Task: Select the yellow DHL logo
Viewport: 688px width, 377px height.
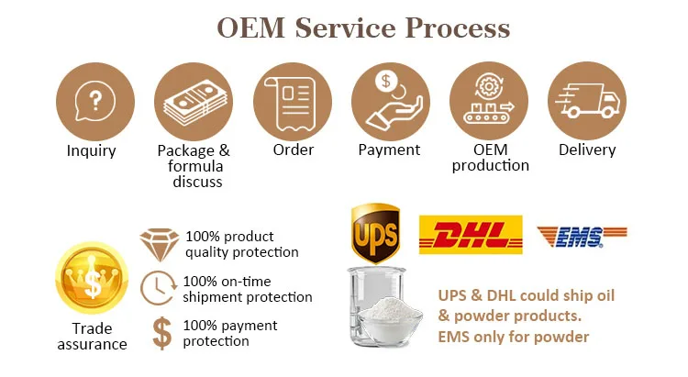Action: (x=470, y=235)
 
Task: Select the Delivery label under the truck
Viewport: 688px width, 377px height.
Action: (x=587, y=150)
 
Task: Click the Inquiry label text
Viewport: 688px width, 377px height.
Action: (x=92, y=150)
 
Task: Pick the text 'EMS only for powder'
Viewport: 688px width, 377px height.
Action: (x=513, y=337)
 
